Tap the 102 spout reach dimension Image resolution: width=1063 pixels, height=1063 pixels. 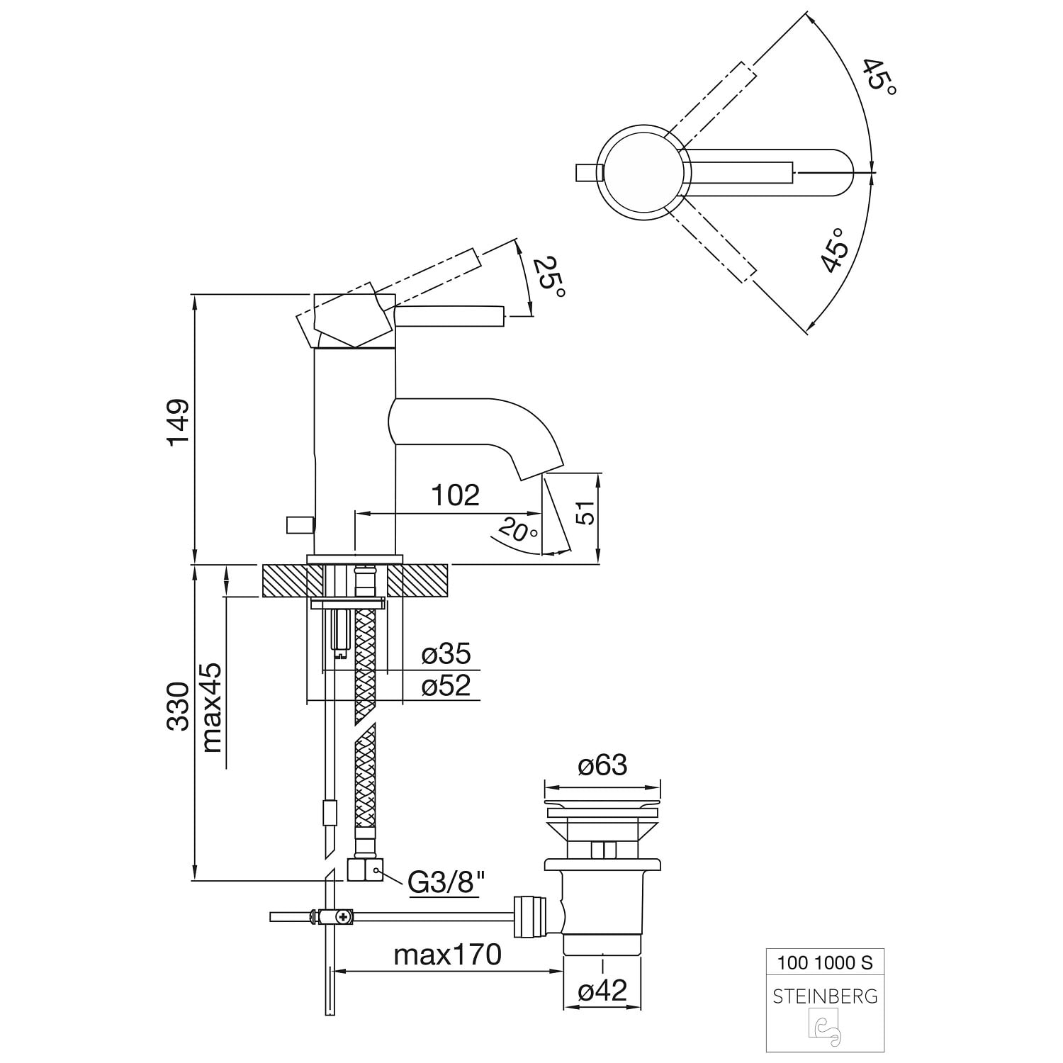456,495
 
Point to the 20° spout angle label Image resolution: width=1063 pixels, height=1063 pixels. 517,529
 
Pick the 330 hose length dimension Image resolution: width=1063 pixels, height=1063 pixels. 179,707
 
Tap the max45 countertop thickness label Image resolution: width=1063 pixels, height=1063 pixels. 212,707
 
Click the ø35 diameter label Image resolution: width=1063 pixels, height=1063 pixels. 446,653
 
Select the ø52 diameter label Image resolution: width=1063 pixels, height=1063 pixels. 446,685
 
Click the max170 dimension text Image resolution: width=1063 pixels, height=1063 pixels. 447,955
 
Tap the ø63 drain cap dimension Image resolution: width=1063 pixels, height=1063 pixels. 602,765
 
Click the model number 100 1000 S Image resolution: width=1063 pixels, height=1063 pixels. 825,962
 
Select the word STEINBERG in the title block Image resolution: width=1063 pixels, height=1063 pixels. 825,996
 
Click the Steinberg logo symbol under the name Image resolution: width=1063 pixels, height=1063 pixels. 825,1028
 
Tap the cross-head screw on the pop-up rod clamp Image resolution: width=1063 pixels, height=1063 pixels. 344,916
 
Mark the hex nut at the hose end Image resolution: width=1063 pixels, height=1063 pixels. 365,870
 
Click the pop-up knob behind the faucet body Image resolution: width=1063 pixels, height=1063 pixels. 299,525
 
